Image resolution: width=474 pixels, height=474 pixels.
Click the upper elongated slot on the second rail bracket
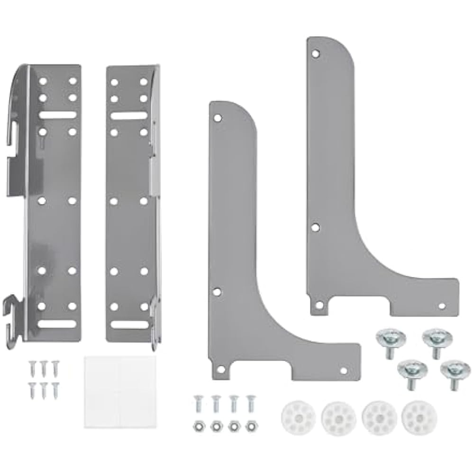pos(128,116)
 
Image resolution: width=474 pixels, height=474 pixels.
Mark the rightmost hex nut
pos(250,426)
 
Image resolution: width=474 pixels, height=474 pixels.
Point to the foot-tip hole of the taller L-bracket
pos(442,306)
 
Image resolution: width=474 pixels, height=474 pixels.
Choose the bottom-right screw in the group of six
pos(55,387)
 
